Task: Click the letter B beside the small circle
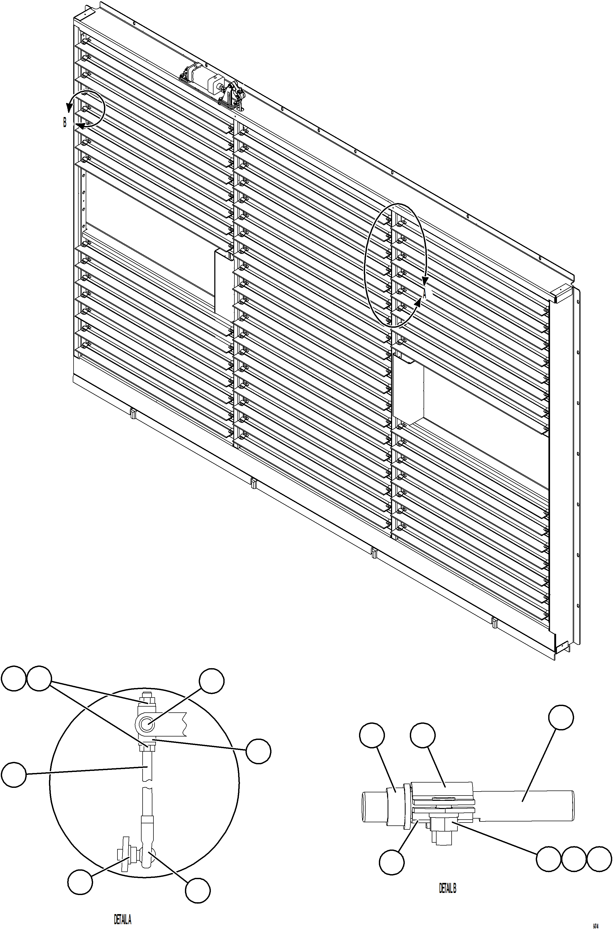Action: [65, 122]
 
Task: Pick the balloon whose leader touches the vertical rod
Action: [14, 774]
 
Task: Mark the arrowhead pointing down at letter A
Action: [425, 281]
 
